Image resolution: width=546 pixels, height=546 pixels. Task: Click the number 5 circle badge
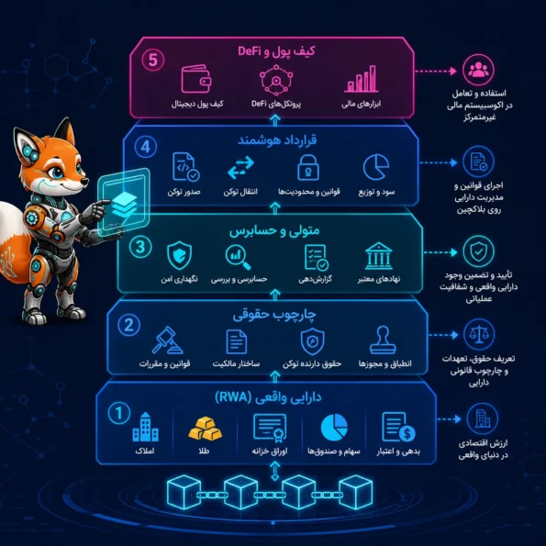[x=153, y=60]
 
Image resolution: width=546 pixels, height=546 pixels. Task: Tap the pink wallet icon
[x=196, y=79]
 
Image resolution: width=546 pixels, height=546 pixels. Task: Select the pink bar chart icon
[x=362, y=79]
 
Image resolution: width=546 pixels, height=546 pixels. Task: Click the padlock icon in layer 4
[x=308, y=168]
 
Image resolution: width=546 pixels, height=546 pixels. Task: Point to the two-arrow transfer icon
[x=240, y=168]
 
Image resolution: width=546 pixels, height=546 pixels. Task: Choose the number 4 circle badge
[x=146, y=147]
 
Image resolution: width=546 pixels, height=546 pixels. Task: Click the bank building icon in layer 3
[x=379, y=256]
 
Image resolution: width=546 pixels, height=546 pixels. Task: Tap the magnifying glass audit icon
[x=238, y=257]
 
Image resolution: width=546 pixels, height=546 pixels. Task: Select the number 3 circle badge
[x=140, y=247]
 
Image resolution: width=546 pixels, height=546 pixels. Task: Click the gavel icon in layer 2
[x=167, y=340]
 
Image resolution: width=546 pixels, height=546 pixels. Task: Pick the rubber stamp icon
[x=383, y=340]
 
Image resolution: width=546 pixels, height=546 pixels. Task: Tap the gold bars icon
[x=206, y=428]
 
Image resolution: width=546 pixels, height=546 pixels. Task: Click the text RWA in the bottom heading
[x=233, y=397]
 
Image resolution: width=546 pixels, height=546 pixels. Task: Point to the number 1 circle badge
[x=119, y=413]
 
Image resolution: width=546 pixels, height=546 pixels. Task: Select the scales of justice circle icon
[x=479, y=335]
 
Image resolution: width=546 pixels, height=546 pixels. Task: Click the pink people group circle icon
[x=478, y=70]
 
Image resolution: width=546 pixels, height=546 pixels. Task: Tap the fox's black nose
[x=84, y=182]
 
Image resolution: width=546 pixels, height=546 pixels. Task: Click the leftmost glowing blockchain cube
[x=184, y=492]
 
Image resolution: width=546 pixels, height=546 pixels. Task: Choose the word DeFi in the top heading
[x=250, y=51]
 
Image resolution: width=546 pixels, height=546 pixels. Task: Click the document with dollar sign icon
[x=398, y=428]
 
